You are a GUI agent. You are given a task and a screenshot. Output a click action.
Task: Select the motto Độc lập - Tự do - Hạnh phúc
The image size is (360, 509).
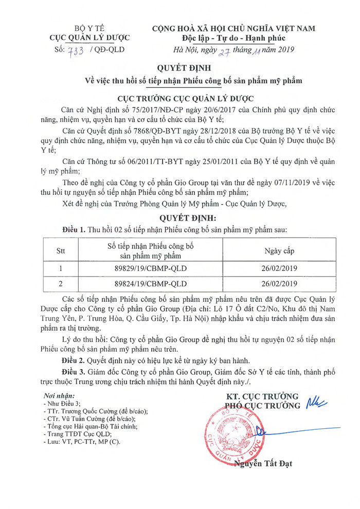233,38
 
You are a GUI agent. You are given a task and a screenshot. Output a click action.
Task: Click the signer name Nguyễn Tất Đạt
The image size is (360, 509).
263,464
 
